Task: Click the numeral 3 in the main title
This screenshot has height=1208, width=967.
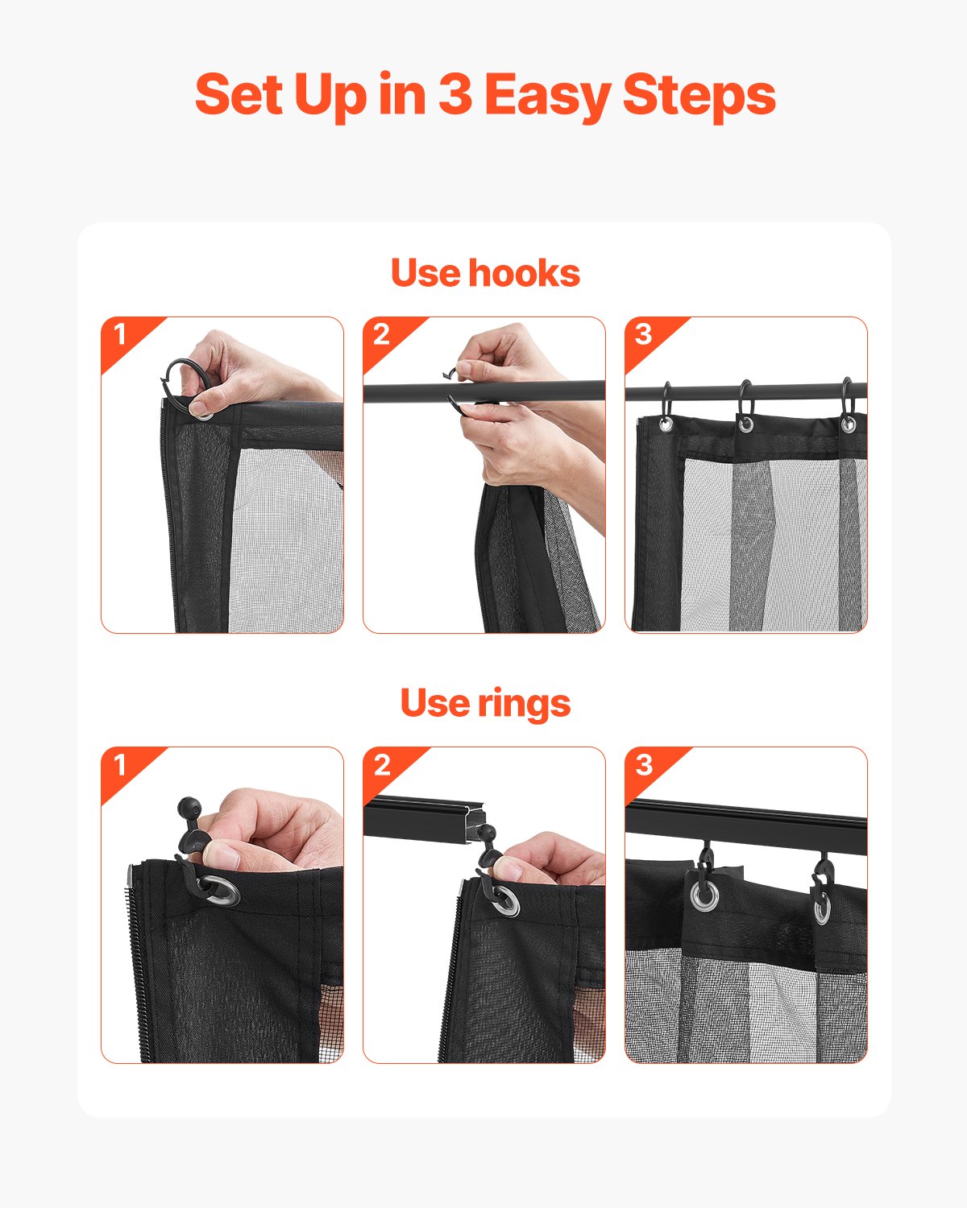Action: coord(454,95)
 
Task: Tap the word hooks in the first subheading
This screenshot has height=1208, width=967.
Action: coord(524,273)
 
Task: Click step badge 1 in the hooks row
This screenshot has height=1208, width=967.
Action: coord(120,333)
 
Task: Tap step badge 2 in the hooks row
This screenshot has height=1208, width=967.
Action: coord(382,333)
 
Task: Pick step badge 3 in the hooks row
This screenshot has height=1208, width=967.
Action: coord(643,333)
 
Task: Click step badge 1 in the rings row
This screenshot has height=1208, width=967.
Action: coord(120,763)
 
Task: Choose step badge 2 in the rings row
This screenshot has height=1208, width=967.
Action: coord(382,763)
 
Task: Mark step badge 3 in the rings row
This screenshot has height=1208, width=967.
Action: coord(643,763)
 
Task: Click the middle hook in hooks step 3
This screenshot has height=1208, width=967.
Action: coord(745,399)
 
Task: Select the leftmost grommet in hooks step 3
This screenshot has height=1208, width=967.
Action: coord(666,424)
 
